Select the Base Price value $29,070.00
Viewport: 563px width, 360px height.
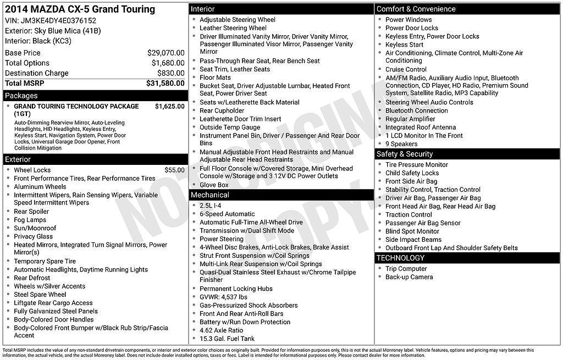pos(165,53)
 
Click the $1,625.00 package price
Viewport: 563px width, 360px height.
pos(169,106)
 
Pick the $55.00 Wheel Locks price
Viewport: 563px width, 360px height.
pos(174,170)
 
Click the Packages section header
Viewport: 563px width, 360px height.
pos(21,96)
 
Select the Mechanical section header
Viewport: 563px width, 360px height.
pos(209,195)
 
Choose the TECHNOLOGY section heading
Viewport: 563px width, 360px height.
pos(400,258)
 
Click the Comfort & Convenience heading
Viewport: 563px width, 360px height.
pos(416,9)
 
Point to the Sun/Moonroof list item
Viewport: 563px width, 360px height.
pos(35,228)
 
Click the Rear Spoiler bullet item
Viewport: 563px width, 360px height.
pos(31,212)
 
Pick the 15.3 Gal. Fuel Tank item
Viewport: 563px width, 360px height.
pos(227,339)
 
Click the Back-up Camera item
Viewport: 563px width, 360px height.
pos(409,277)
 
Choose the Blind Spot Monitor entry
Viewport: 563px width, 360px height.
pos(412,231)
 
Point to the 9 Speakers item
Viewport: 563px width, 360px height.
pos(401,144)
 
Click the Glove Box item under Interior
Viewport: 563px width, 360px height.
pos(214,185)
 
